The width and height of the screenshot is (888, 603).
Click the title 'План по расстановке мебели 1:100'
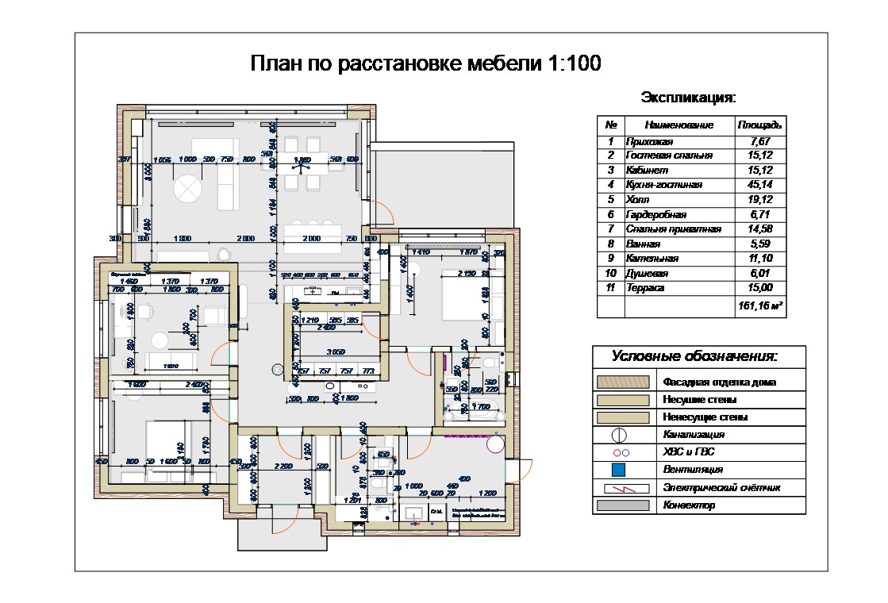pos(425,63)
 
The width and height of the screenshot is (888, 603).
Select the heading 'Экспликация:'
pos(688,98)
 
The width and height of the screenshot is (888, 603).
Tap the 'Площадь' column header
pos(760,125)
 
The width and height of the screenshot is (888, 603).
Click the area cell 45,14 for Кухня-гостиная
pos(760,185)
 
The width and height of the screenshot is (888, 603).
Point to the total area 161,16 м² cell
pos(760,304)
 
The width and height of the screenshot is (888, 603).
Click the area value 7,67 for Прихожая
pos(760,141)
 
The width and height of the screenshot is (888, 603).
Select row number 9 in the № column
pos(611,259)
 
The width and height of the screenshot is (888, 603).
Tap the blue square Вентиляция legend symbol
pos(619,470)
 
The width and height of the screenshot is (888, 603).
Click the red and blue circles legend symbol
pos(619,452)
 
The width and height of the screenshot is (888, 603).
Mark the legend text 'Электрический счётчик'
pos(721,487)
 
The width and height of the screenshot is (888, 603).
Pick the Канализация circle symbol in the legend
pos(619,435)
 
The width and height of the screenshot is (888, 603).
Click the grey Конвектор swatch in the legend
pos(623,505)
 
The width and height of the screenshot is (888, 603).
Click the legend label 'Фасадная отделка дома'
pos(719,382)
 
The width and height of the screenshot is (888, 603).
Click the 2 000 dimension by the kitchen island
pos(311,238)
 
